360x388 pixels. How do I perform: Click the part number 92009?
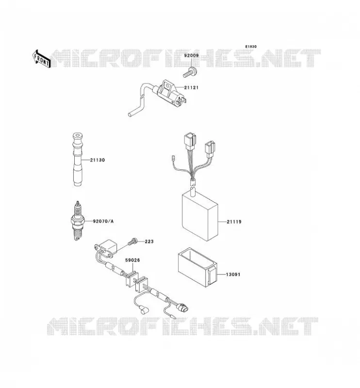[x=191, y=56]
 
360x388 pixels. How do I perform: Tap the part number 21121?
[x=191, y=88]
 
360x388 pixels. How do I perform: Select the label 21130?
[x=98, y=160]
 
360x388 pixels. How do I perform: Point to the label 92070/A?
[x=103, y=221]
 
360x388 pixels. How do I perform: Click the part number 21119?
[x=234, y=222]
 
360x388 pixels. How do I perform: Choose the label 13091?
[x=233, y=275]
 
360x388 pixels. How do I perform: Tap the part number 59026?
[x=132, y=260]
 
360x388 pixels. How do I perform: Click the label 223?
[x=149, y=241]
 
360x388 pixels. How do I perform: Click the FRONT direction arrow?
[x=41, y=59]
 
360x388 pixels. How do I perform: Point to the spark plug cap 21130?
[x=78, y=160]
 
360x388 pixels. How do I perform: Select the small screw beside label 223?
[x=132, y=241]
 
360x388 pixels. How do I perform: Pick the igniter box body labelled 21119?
[x=200, y=216]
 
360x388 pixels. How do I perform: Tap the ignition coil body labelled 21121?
[x=169, y=94]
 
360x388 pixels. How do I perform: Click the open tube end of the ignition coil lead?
[x=130, y=114]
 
